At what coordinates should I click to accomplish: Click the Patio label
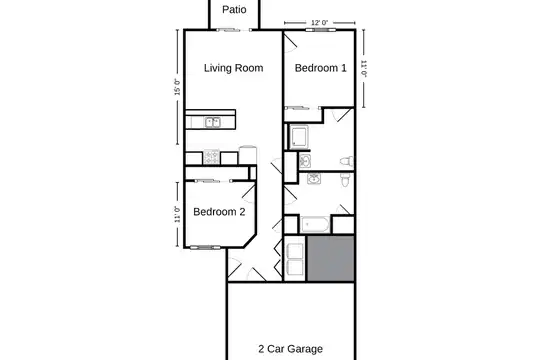pyautogui.click(x=234, y=10)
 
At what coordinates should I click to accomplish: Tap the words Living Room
pyautogui.click(x=233, y=68)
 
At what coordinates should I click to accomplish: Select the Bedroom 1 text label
pyautogui.click(x=321, y=68)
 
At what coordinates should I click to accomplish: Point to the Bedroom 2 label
pyautogui.click(x=219, y=212)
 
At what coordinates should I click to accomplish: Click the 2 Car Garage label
pyautogui.click(x=291, y=349)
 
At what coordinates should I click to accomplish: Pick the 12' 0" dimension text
pyautogui.click(x=320, y=23)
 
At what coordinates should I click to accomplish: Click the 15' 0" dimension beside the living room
pyautogui.click(x=177, y=87)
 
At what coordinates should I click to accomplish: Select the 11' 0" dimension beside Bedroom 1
pyautogui.click(x=364, y=69)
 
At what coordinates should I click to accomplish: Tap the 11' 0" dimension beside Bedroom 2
pyautogui.click(x=177, y=215)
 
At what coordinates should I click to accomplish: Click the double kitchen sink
pyautogui.click(x=212, y=122)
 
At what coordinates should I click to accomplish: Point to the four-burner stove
pyautogui.click(x=211, y=157)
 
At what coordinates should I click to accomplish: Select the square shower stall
pyautogui.click(x=299, y=137)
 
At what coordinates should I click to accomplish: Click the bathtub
pyautogui.click(x=315, y=225)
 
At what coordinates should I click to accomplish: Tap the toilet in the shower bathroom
pyautogui.click(x=347, y=161)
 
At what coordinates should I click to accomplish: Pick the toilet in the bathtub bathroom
pyautogui.click(x=345, y=180)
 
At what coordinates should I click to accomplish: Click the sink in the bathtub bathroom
pyautogui.click(x=314, y=179)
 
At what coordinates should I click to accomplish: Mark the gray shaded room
pyautogui.click(x=331, y=258)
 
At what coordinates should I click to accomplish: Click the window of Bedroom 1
pyautogui.click(x=320, y=30)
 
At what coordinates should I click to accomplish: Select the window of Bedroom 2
pyautogui.click(x=205, y=247)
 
